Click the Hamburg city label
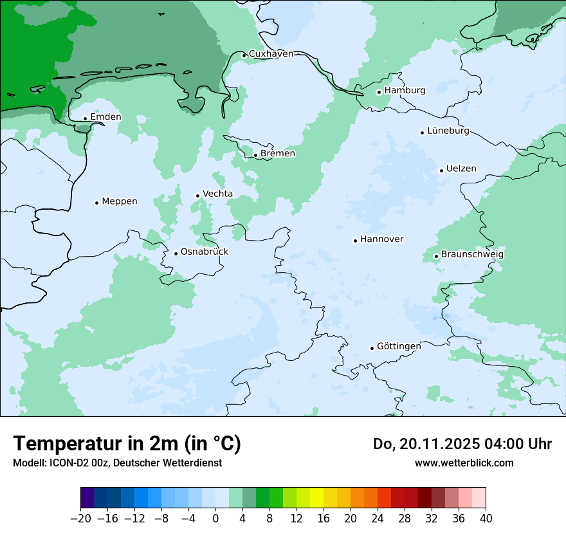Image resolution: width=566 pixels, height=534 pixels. [x=405, y=91]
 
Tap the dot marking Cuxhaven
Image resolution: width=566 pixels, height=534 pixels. [x=244, y=55]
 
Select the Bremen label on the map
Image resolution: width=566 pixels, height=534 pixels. [x=278, y=154]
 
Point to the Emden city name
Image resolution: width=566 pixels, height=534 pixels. [x=105, y=117]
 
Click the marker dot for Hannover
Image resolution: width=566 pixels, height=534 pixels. [x=355, y=241]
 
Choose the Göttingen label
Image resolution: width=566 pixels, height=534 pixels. [x=399, y=346]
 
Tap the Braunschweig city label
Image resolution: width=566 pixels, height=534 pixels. [x=472, y=255]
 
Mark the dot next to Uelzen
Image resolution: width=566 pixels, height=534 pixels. [x=441, y=170]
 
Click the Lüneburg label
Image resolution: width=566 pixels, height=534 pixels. [x=448, y=131]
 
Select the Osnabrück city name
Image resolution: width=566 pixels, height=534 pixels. [x=205, y=252]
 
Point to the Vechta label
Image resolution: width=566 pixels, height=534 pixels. [x=218, y=194]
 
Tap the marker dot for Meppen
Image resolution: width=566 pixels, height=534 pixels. [x=96, y=203]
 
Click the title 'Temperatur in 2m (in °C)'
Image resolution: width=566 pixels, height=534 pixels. [x=127, y=444]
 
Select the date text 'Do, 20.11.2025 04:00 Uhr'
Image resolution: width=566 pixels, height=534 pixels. [x=462, y=444]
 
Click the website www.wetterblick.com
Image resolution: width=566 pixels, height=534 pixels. [x=464, y=463]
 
